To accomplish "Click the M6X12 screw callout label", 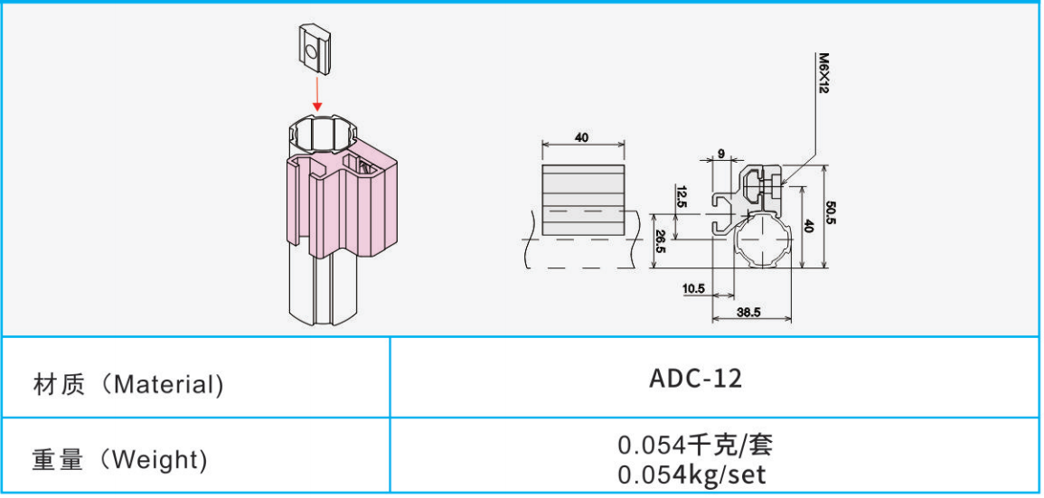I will pyautogui.click(x=823, y=73).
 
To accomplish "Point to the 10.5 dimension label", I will pyautogui.click(x=694, y=289).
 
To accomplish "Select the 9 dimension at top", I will pyautogui.click(x=720, y=153).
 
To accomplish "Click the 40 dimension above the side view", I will pyautogui.click(x=582, y=137).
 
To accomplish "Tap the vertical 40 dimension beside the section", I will pyautogui.click(x=809, y=226).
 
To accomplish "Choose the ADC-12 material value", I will pyautogui.click(x=696, y=379).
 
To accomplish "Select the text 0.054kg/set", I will pyautogui.click(x=694, y=474).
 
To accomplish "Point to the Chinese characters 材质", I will pyautogui.click(x=60, y=385).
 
